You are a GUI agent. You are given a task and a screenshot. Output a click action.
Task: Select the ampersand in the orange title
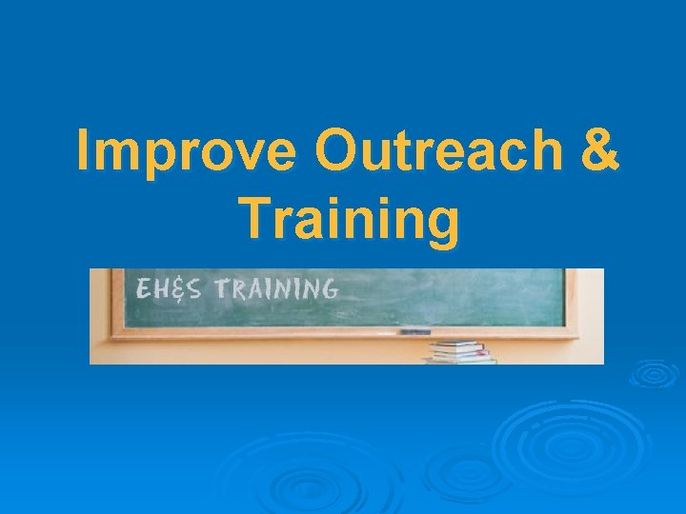(x=597, y=152)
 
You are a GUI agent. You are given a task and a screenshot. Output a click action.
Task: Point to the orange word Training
(x=349, y=217)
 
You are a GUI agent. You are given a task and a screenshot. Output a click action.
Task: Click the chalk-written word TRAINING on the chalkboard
(x=275, y=288)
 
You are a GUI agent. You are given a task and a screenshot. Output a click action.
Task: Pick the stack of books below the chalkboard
(x=461, y=351)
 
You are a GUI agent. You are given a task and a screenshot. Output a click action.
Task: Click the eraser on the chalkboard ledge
(x=414, y=331)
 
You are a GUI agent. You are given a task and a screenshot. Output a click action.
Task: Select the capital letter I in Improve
(x=84, y=152)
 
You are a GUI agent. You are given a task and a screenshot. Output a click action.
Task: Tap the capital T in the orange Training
(x=254, y=217)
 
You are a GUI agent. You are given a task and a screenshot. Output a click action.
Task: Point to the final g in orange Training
(x=440, y=223)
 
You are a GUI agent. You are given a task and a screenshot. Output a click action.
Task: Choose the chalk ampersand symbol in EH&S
(x=176, y=289)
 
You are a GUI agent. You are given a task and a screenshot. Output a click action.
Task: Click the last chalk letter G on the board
(x=327, y=288)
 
